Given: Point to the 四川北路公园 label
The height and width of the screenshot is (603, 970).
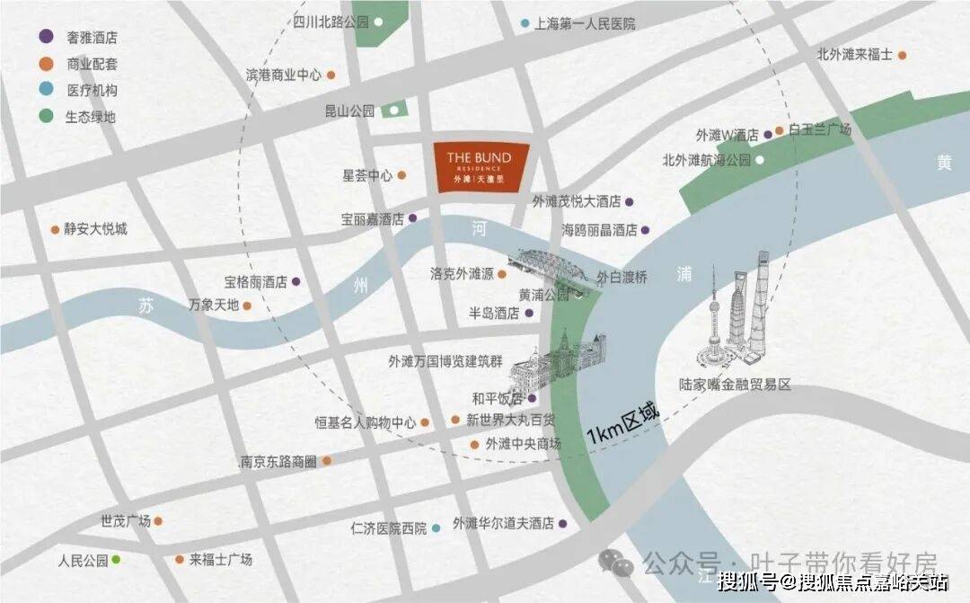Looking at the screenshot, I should tap(331, 21).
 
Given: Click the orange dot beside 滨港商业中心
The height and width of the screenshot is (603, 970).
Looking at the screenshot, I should tap(331, 75).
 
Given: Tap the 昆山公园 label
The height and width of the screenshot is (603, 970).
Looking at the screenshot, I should tap(349, 111).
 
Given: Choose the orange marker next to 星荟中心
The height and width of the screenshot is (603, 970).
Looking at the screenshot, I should tap(402, 176).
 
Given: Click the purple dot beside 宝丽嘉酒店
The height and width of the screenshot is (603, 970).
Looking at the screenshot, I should tap(413, 218).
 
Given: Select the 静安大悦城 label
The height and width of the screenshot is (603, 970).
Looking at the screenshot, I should tap(95, 229).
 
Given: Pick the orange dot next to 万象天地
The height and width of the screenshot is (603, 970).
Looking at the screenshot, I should tap(247, 306).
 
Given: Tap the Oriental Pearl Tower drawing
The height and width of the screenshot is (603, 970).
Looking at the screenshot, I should tap(715, 319).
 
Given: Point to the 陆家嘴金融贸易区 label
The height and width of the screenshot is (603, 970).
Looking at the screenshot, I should tap(736, 385).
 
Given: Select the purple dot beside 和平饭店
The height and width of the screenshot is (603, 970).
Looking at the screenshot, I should tap(532, 398).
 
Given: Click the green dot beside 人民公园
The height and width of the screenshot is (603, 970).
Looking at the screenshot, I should tap(116, 560).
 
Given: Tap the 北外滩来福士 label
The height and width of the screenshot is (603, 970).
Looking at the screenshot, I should tap(854, 54).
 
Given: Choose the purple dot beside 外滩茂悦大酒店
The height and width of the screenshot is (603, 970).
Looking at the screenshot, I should tap(630, 201).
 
